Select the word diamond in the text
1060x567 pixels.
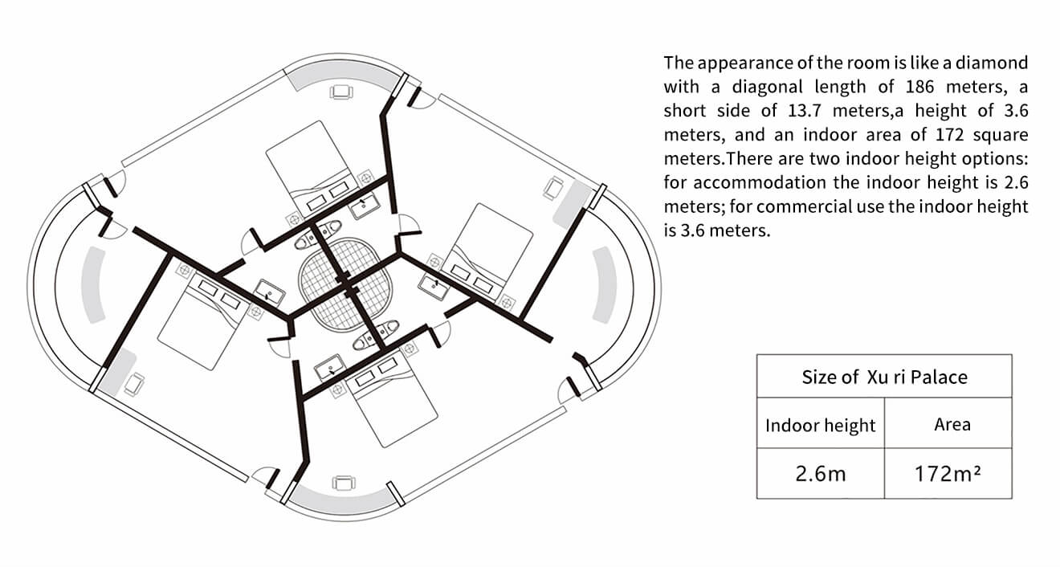[994, 63]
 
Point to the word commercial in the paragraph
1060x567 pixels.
[803, 206]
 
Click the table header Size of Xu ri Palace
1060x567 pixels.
[884, 376]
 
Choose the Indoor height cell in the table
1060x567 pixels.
[820, 424]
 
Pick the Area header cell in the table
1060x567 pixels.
[952, 424]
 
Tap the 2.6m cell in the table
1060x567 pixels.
[820, 473]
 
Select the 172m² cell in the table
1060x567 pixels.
[948, 473]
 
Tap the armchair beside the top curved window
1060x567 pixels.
[340, 92]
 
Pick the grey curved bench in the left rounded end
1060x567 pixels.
[95, 284]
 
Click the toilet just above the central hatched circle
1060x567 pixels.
[310, 240]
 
